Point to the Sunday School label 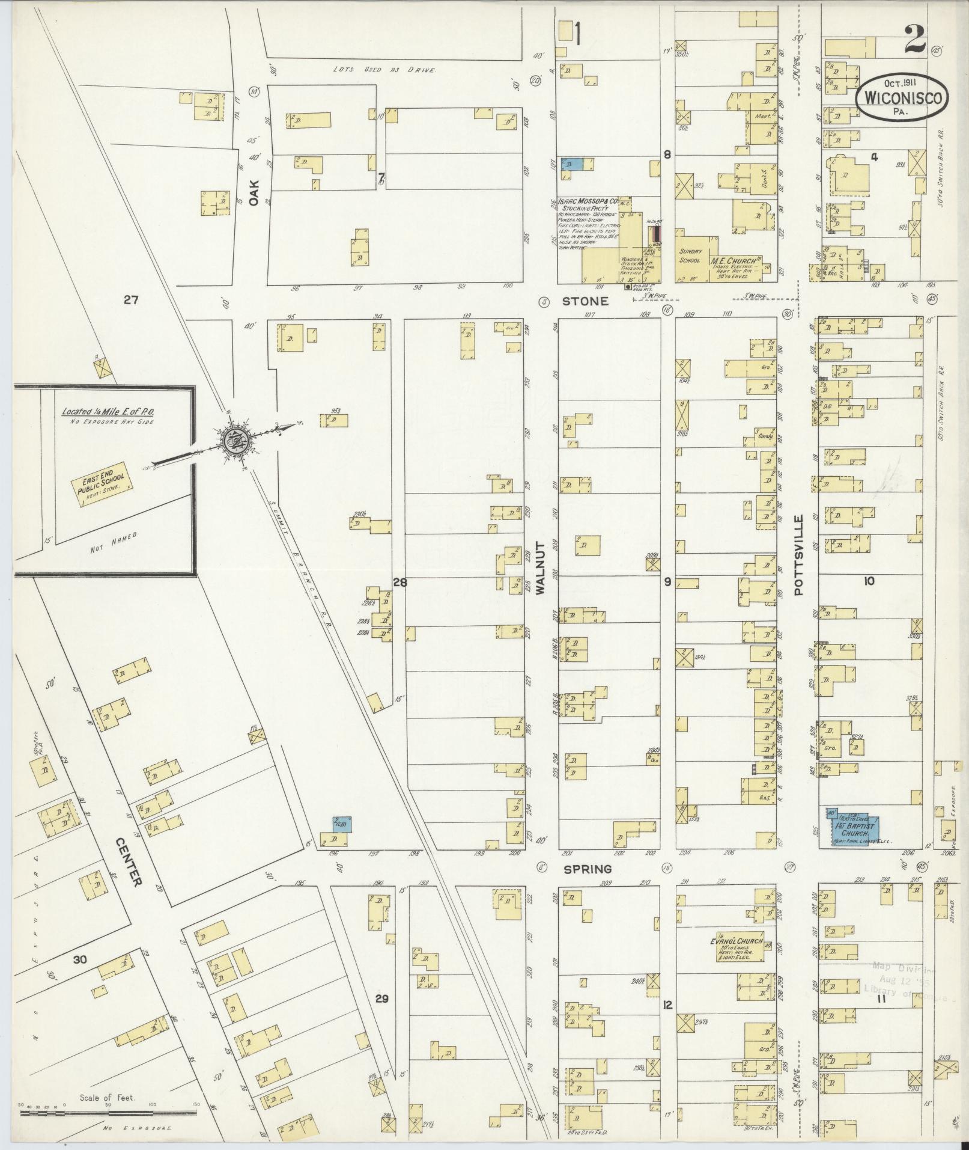point(690,256)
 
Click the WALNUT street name point(539,567)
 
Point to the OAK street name point(254,193)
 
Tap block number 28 point(399,582)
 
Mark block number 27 point(131,299)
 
